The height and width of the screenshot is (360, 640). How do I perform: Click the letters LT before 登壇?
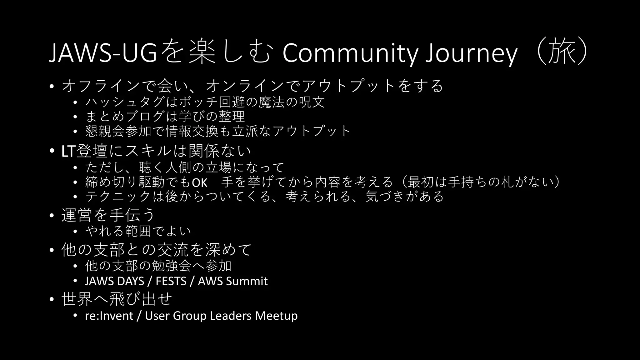[x=68, y=152]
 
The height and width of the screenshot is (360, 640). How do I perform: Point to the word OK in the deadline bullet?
[x=199, y=182]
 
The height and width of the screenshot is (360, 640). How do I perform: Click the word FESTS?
[x=171, y=281]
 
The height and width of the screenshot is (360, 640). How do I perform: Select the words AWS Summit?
[x=232, y=281]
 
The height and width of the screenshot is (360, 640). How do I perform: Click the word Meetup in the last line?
[x=276, y=316]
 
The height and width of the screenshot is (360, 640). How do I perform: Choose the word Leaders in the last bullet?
[x=231, y=316]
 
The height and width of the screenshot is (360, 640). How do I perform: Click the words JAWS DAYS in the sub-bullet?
[x=114, y=281]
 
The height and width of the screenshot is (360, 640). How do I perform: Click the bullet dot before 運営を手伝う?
[x=52, y=216]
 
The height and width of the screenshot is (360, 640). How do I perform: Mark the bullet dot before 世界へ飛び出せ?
[x=52, y=299]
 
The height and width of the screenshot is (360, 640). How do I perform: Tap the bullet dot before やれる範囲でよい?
[x=75, y=232]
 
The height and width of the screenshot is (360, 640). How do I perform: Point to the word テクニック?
[x=118, y=197]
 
